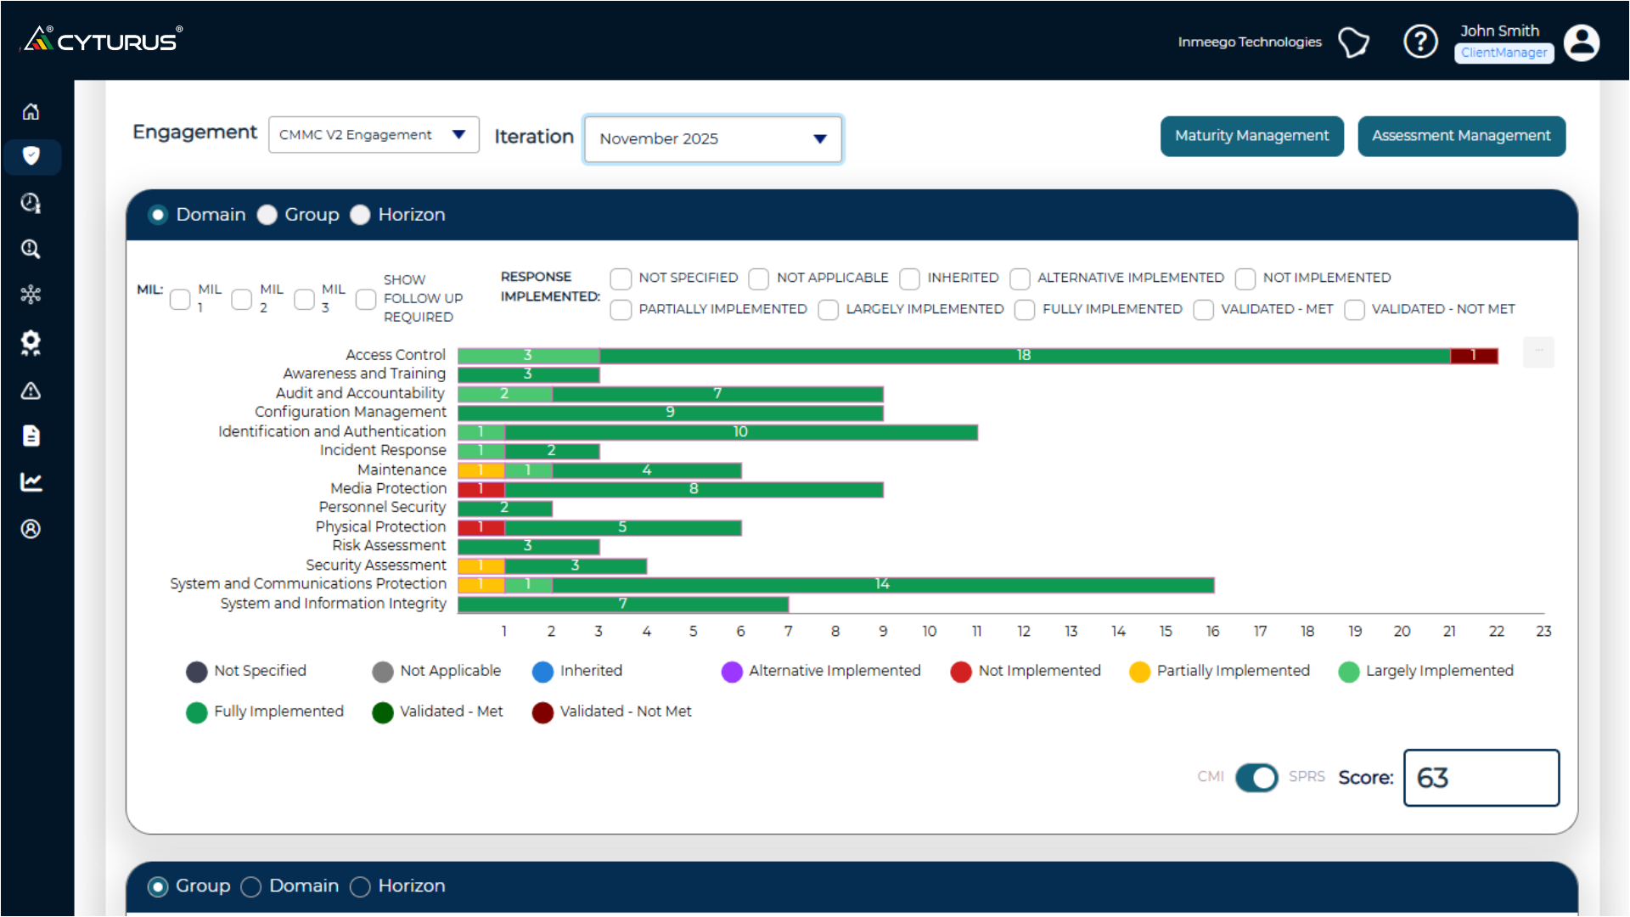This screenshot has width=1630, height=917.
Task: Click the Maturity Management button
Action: [x=1251, y=136]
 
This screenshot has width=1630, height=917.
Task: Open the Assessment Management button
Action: [x=1460, y=136]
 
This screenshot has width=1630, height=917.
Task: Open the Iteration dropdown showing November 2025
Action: [x=712, y=138]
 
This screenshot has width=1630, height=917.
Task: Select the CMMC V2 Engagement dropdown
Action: [x=373, y=135]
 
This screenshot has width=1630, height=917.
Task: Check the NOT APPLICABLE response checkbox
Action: [x=759, y=278]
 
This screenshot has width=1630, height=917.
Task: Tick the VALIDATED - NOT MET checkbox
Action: [x=1355, y=310]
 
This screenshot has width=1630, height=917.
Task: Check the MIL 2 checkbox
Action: [x=242, y=299]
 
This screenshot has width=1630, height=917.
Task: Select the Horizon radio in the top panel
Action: [x=361, y=215]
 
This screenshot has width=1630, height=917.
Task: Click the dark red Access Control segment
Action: [x=1473, y=356]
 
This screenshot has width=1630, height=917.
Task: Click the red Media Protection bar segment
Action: [x=481, y=489]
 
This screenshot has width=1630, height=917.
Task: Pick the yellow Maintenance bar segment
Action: [x=481, y=470]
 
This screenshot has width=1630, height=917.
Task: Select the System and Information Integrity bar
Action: [x=622, y=604]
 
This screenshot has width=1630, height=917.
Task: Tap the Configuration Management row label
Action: [x=350, y=412]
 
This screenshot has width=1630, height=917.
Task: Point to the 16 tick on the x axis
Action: [x=1212, y=632]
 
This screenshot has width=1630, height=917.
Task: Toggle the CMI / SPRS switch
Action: [x=1256, y=778]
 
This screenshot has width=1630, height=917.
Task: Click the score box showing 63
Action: [x=1481, y=778]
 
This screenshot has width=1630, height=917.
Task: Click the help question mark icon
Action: [x=1419, y=42]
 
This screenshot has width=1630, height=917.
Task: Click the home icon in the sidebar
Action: [x=31, y=111]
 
